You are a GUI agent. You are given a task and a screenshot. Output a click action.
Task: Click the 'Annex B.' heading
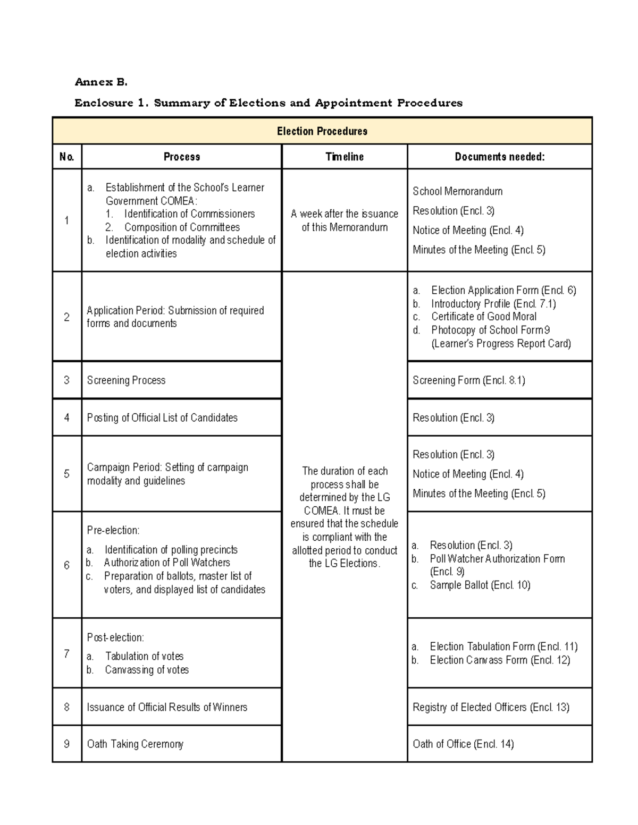click(x=101, y=82)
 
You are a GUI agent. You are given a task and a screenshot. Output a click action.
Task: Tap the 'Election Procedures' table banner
click(x=322, y=131)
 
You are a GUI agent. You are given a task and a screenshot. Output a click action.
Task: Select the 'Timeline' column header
click(x=345, y=157)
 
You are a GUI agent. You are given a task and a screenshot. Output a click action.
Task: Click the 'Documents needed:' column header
click(x=499, y=157)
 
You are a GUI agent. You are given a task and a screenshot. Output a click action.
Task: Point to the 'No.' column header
click(x=67, y=157)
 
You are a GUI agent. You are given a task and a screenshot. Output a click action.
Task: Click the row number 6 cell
click(x=67, y=565)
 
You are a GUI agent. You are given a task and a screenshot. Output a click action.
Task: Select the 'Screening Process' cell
click(x=126, y=380)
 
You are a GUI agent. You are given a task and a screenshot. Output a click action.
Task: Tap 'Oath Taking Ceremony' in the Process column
click(x=135, y=744)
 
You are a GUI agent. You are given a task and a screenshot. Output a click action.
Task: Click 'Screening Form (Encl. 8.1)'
click(x=468, y=380)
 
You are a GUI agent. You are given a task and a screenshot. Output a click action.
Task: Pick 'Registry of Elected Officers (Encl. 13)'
click(x=491, y=707)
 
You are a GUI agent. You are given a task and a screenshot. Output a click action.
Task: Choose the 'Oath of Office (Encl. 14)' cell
click(x=463, y=744)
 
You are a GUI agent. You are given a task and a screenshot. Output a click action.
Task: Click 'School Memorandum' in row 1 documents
click(x=457, y=191)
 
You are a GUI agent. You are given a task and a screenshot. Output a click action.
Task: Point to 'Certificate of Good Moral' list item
click(x=483, y=317)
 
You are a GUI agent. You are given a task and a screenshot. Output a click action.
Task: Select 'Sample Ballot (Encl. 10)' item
click(x=480, y=585)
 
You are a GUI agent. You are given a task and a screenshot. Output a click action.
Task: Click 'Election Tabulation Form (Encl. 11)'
click(x=503, y=647)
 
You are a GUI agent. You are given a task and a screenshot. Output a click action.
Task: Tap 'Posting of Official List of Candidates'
click(x=162, y=418)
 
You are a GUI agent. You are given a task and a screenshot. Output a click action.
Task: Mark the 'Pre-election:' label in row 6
click(x=113, y=530)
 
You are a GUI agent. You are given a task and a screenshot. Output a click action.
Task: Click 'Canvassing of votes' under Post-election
click(x=147, y=670)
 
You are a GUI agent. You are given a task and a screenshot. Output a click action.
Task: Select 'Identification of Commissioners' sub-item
click(x=189, y=214)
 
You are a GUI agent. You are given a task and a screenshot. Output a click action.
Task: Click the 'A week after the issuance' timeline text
click(x=345, y=214)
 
